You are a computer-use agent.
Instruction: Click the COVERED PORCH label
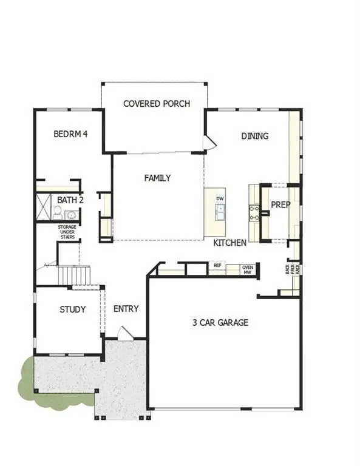point(157,104)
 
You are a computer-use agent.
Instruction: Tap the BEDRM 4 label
point(70,134)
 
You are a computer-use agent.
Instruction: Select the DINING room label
point(255,136)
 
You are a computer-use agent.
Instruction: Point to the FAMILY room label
point(157,178)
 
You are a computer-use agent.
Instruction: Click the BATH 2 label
point(70,200)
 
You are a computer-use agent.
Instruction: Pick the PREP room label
point(280,205)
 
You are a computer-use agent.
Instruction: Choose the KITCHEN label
point(230,243)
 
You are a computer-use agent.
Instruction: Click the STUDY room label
point(72,309)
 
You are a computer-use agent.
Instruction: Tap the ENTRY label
point(126,309)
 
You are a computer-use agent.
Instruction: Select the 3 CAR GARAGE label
point(220,323)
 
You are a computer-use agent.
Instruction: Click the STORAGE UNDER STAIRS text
point(67,232)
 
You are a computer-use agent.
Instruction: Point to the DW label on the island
point(221,198)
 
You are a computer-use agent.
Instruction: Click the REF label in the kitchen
point(217,265)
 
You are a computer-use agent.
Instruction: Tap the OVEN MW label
point(248,269)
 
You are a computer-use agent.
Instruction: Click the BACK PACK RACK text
point(293,268)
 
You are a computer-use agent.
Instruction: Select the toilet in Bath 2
point(57,212)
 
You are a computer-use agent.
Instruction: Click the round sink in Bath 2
point(71,214)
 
